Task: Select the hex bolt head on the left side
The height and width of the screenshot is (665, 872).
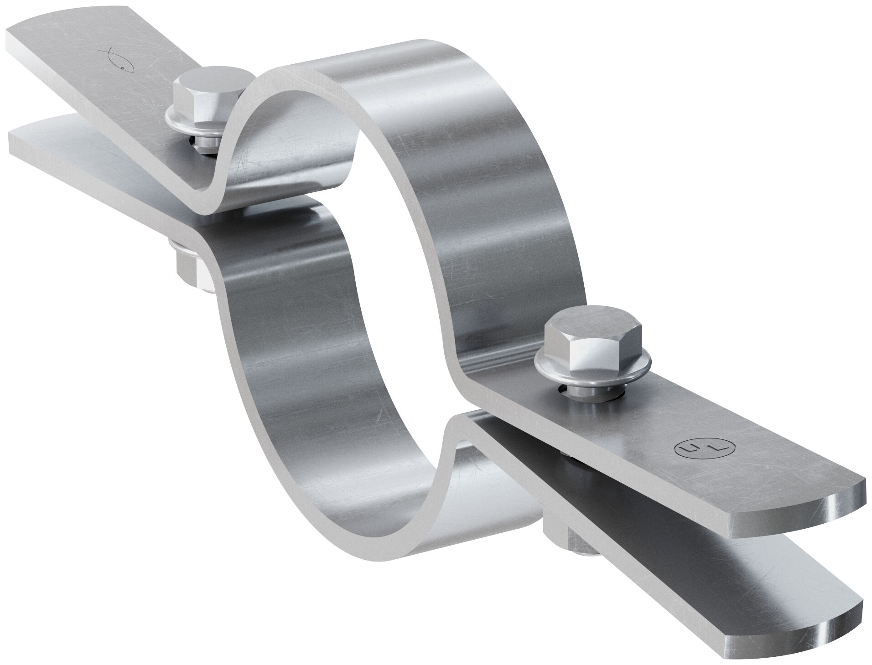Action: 208,96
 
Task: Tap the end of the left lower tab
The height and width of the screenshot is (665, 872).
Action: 18,137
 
